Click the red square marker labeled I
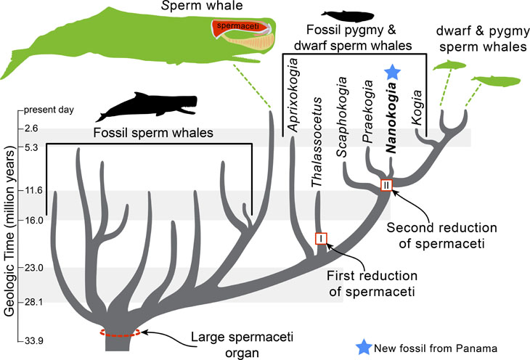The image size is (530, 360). (322, 238)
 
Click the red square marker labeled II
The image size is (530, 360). (386, 185)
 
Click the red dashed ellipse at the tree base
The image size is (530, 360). (116, 332)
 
